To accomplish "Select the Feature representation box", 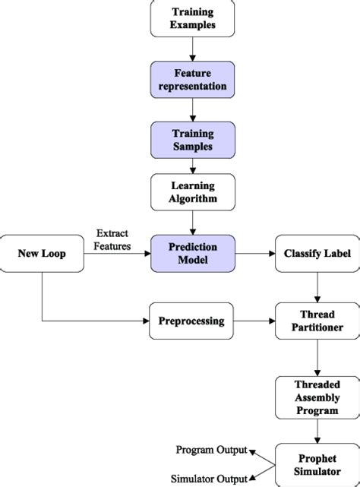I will pyautogui.click(x=193, y=80).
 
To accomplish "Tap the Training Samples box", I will pyautogui.click(x=193, y=140).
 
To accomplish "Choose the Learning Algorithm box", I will pyautogui.click(x=193, y=192).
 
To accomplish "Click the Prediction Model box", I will pyautogui.click(x=193, y=253).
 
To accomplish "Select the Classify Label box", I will pyautogui.click(x=317, y=253).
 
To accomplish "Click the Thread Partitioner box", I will pyautogui.click(x=317, y=321).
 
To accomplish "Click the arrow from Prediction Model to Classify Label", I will pyautogui.click(x=256, y=253).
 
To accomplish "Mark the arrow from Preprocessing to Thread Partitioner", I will pyautogui.click(x=256, y=321).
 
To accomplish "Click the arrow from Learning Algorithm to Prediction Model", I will pyautogui.click(x=193, y=223).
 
